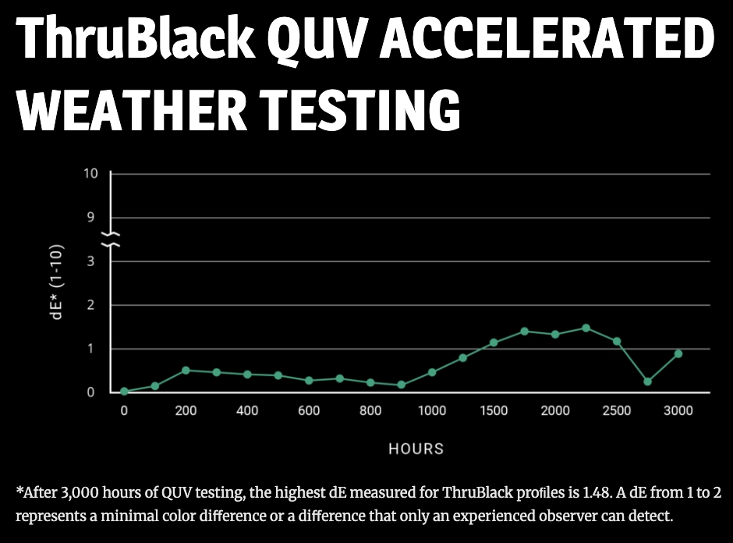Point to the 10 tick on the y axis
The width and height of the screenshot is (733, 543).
(91, 173)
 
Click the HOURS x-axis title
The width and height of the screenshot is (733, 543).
(416, 449)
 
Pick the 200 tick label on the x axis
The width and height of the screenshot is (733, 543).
(186, 411)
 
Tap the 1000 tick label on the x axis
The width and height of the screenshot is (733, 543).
(432, 411)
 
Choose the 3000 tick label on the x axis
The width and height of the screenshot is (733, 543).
(678, 411)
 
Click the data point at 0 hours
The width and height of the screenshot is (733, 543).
(124, 391)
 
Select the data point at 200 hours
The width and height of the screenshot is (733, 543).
(186, 370)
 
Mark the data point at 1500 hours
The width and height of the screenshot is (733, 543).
(494, 342)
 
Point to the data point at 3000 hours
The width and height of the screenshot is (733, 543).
(678, 353)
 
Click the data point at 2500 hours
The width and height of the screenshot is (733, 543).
(617, 341)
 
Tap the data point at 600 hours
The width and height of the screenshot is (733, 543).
(309, 381)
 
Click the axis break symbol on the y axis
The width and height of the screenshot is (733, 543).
(111, 239)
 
